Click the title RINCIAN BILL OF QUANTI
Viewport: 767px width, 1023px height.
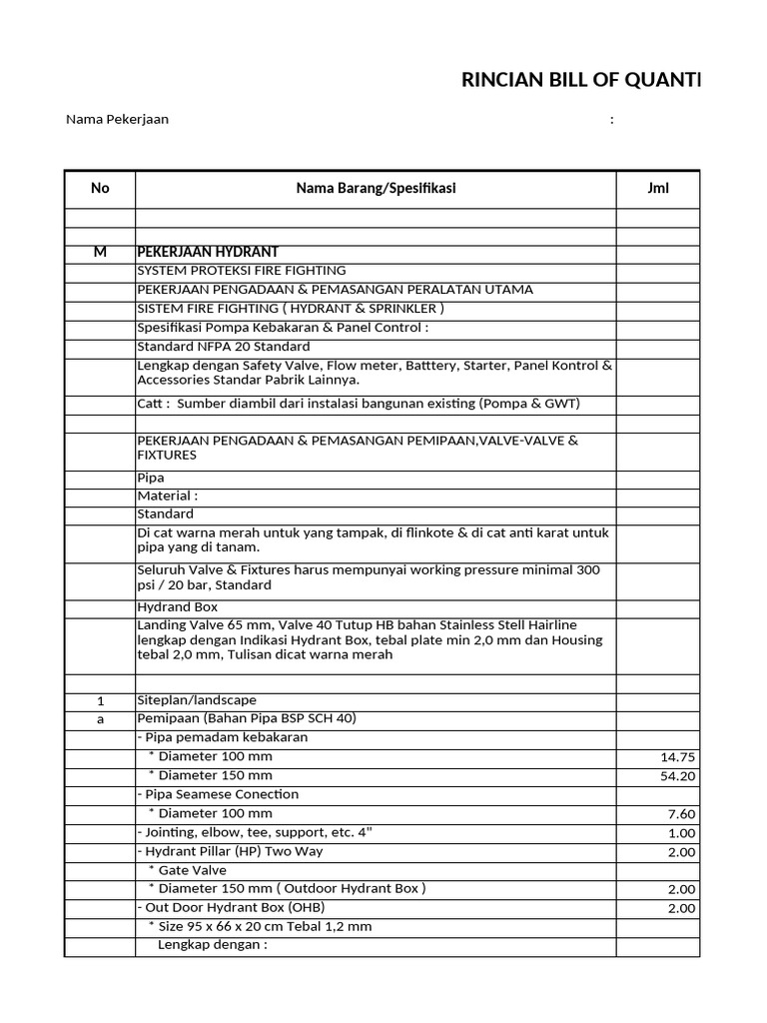(581, 81)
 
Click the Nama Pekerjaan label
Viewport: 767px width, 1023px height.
(117, 119)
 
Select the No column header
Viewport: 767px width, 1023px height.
(100, 188)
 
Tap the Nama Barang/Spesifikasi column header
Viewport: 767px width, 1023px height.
(376, 188)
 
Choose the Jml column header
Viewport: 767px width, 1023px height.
(657, 188)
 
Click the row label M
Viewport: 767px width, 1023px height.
(100, 252)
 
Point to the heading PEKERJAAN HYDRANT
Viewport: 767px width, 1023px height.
(208, 252)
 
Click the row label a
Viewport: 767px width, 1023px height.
(100, 719)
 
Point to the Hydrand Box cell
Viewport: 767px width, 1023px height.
(177, 606)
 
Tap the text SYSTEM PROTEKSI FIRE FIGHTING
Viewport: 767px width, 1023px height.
(241, 270)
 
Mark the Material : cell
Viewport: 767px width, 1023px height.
(167, 496)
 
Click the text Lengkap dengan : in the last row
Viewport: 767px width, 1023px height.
(213, 945)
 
